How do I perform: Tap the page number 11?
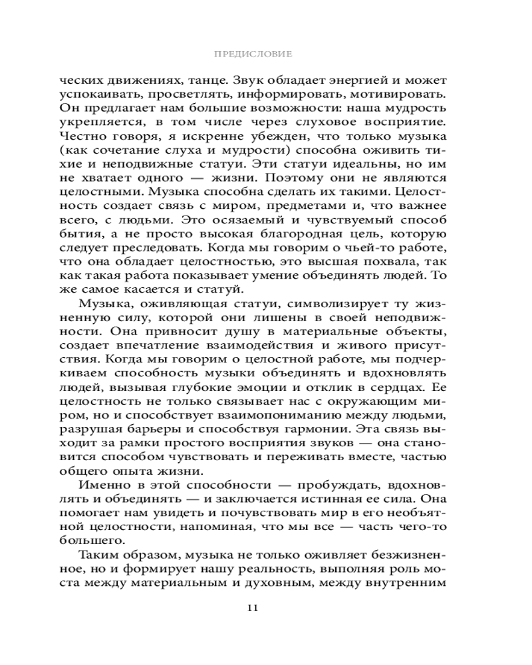[265, 607]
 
